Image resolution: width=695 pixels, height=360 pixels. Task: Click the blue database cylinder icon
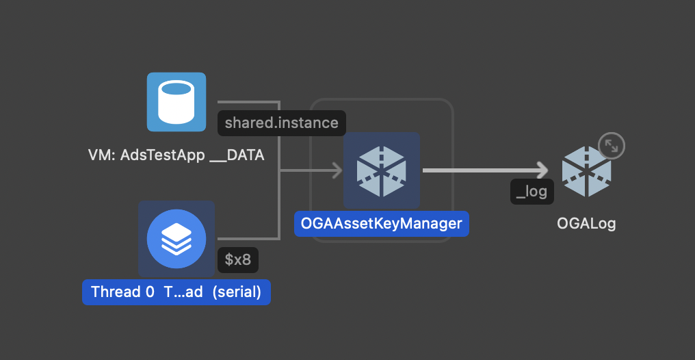pos(176,101)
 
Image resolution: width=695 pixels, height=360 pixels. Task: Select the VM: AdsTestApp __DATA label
pos(176,155)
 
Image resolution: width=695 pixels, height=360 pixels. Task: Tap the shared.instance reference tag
pos(281,123)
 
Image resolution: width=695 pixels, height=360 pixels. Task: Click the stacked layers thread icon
pos(176,239)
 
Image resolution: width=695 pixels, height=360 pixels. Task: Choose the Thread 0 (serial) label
pos(176,292)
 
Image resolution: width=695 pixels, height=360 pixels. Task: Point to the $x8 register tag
pos(237,259)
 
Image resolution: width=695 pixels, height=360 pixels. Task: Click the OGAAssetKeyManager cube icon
pos(381,170)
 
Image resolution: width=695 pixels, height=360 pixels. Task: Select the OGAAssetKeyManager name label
pos(381,223)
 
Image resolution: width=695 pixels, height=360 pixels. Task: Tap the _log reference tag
pos(532,191)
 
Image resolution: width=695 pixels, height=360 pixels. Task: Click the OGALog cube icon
pos(586,171)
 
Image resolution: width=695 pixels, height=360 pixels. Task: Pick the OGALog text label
pos(586,224)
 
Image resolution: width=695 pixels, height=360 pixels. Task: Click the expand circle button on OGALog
pos(612,146)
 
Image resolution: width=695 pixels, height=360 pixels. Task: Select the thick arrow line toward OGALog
pos(479,170)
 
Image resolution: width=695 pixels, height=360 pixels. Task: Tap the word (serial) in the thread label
pos(237,292)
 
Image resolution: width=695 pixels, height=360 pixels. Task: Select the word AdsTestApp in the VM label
pos(162,155)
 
